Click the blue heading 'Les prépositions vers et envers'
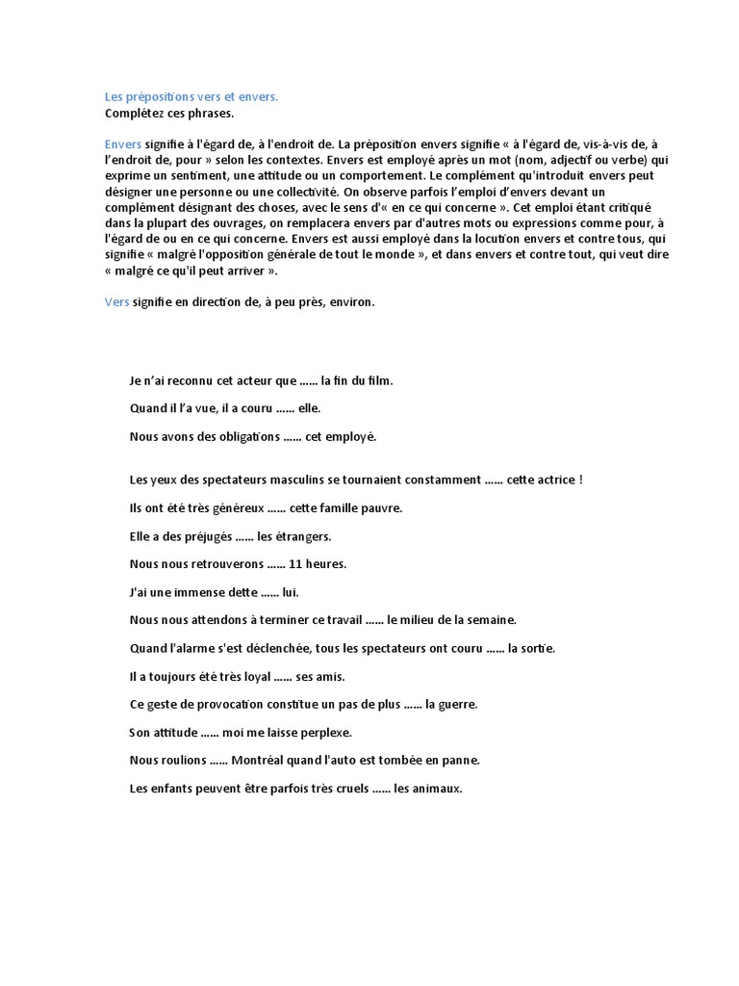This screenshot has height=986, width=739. point(191,96)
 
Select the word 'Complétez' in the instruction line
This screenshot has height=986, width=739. point(132,114)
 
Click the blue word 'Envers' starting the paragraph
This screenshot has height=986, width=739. point(122,143)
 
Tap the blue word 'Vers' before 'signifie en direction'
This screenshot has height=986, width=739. point(115,301)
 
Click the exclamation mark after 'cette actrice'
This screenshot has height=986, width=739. point(581,480)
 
